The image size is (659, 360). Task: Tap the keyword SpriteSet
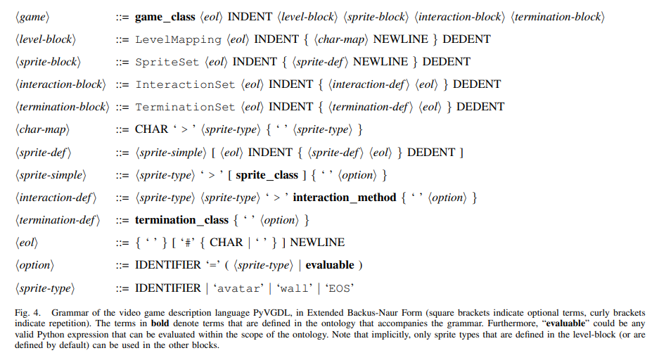pyautogui.click(x=167, y=62)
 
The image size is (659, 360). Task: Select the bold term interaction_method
pyautogui.click(x=344, y=198)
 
